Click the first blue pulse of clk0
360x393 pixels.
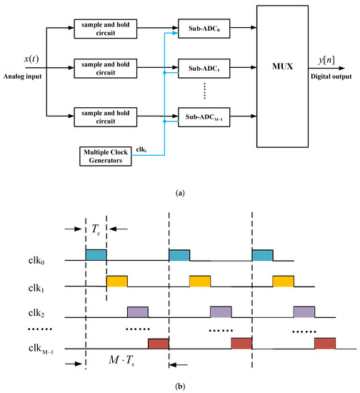coord(96,255)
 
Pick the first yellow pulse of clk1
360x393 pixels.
coord(117,281)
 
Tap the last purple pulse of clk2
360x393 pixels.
coord(304,312)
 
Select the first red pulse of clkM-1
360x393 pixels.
coord(158,343)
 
